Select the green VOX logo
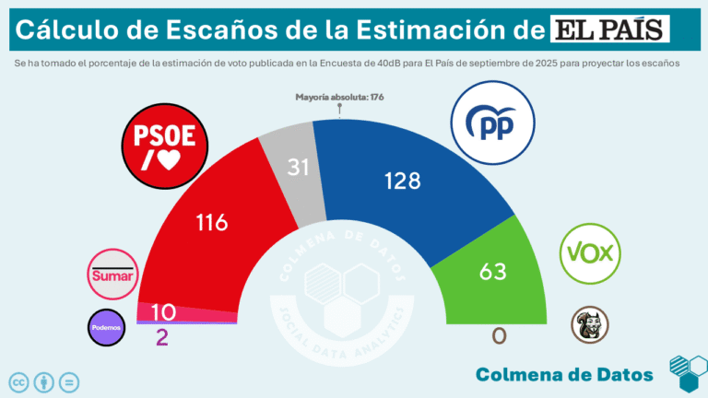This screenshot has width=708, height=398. [591, 252]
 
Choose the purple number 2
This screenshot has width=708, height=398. [162, 337]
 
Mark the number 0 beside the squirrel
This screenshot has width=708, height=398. [499, 336]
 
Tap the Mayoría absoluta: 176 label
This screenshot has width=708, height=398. [339, 96]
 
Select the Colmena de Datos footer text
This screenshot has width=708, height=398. [564, 373]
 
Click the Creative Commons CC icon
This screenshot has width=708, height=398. [18, 381]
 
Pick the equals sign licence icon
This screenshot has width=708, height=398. [69, 381]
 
